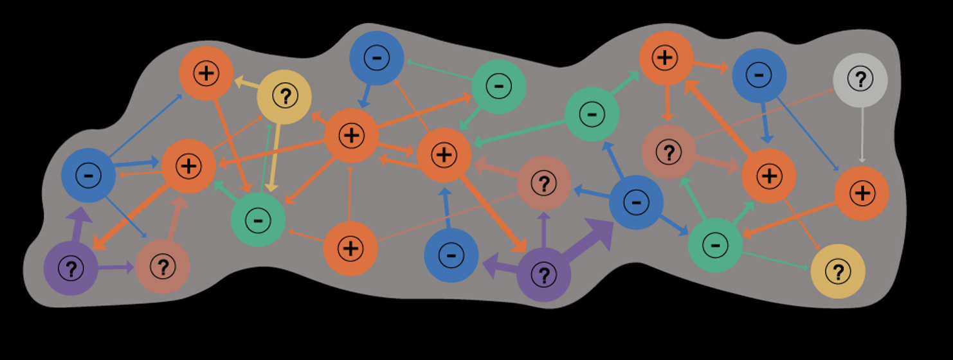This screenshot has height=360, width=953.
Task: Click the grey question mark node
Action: coord(860,80)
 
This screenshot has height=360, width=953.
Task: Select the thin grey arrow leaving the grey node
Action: coord(862,135)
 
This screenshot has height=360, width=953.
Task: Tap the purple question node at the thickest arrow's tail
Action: coord(543,275)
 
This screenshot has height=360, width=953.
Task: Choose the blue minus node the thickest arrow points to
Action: coord(636,202)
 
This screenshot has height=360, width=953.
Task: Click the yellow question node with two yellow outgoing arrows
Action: coord(284,97)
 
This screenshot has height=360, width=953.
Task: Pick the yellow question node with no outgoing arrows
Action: coord(837,271)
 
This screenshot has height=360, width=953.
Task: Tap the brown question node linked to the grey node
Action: coord(669,152)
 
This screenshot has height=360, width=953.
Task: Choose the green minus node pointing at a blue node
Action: coord(498,87)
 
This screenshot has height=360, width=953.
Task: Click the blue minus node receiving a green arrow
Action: coord(377,58)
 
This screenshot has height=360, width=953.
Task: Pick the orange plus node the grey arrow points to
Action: coord(862,193)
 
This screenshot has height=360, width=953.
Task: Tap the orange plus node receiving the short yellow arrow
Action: coord(206,73)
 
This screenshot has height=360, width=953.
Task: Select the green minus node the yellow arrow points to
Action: coord(258,219)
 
